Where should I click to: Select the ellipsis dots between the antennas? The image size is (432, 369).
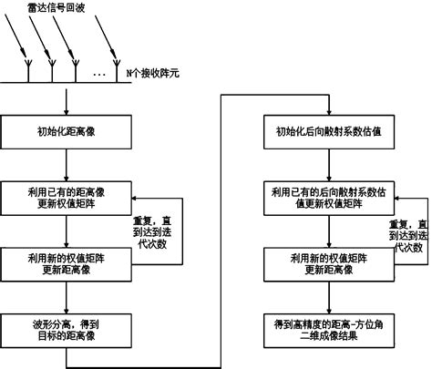(100, 72)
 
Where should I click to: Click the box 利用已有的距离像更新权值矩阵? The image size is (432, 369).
(67, 197)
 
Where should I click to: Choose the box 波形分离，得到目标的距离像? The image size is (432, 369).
(67, 327)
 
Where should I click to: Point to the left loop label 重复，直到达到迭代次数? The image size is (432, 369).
(157, 231)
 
